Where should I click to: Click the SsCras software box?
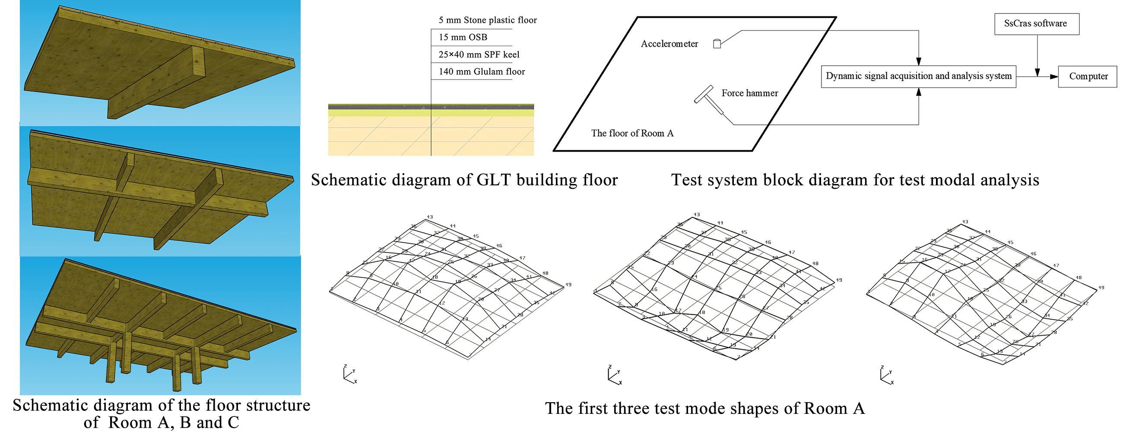point(1036,24)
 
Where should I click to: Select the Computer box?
point(1088,76)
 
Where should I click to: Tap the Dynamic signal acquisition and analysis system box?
point(918,76)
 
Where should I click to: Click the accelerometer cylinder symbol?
point(717,43)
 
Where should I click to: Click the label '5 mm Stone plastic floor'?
point(487,20)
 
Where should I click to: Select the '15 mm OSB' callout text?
point(463,38)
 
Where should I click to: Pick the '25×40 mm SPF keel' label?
point(479,54)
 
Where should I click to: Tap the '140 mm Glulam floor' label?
point(481,71)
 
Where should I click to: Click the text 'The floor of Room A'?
point(632,133)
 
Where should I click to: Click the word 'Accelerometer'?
point(669,44)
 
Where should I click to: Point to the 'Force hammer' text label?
point(749,93)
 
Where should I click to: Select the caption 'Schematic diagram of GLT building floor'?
point(464,180)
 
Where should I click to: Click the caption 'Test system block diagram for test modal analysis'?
point(855,180)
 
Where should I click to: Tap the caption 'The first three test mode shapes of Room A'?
point(704,409)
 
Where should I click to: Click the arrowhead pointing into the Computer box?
point(1054,77)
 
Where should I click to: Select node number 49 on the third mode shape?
point(1101,288)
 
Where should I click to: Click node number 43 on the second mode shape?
point(697,214)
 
